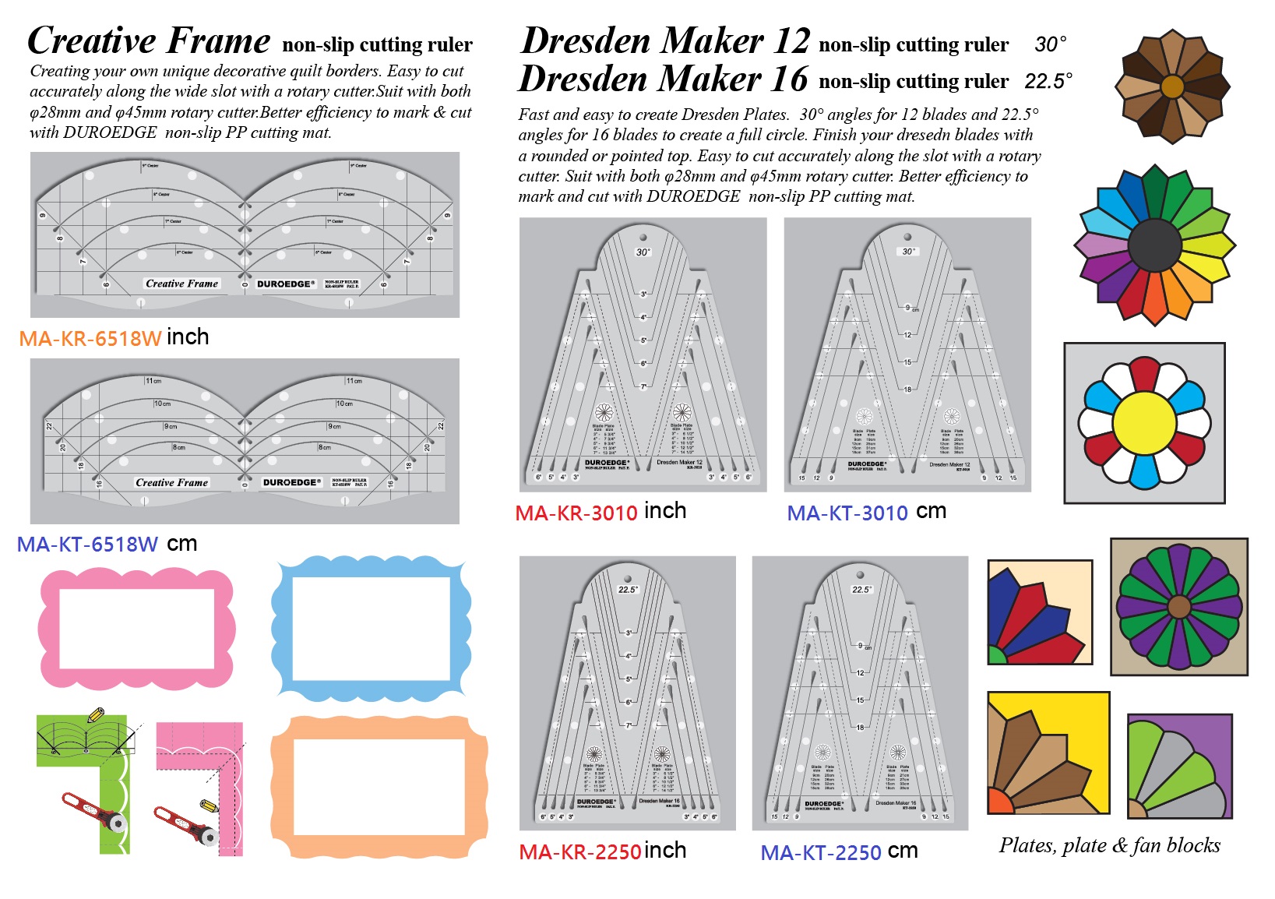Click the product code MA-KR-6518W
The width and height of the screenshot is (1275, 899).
tap(90, 339)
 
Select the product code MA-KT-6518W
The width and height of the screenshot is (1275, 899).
tap(87, 545)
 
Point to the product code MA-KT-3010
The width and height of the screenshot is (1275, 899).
tap(847, 513)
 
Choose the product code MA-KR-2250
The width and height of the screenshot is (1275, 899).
tap(580, 852)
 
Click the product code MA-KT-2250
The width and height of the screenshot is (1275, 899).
tap(821, 853)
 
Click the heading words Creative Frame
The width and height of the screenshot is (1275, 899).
tap(149, 41)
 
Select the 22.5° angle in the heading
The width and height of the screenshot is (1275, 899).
tap(1048, 81)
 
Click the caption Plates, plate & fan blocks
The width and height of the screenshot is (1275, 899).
tap(1109, 845)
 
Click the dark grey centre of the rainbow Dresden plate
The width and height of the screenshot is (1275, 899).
tap(1154, 245)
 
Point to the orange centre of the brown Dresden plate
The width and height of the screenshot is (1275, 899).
tap(1171, 86)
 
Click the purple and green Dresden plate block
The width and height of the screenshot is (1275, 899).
tap(1178, 606)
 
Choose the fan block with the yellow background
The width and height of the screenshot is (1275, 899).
tap(1048, 753)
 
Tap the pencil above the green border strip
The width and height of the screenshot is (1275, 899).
tap(95, 714)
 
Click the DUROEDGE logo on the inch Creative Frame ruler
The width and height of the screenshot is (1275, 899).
tap(285, 284)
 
